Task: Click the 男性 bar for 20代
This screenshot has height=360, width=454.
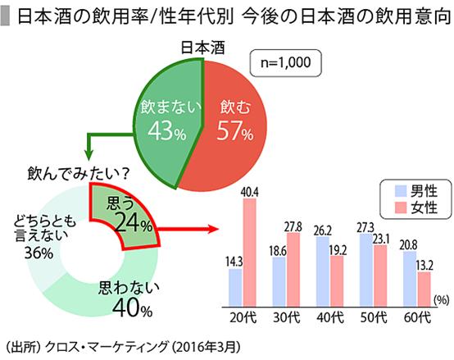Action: (235, 285)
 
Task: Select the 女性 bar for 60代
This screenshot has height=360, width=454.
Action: (424, 287)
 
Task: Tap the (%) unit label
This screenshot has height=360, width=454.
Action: (441, 300)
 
